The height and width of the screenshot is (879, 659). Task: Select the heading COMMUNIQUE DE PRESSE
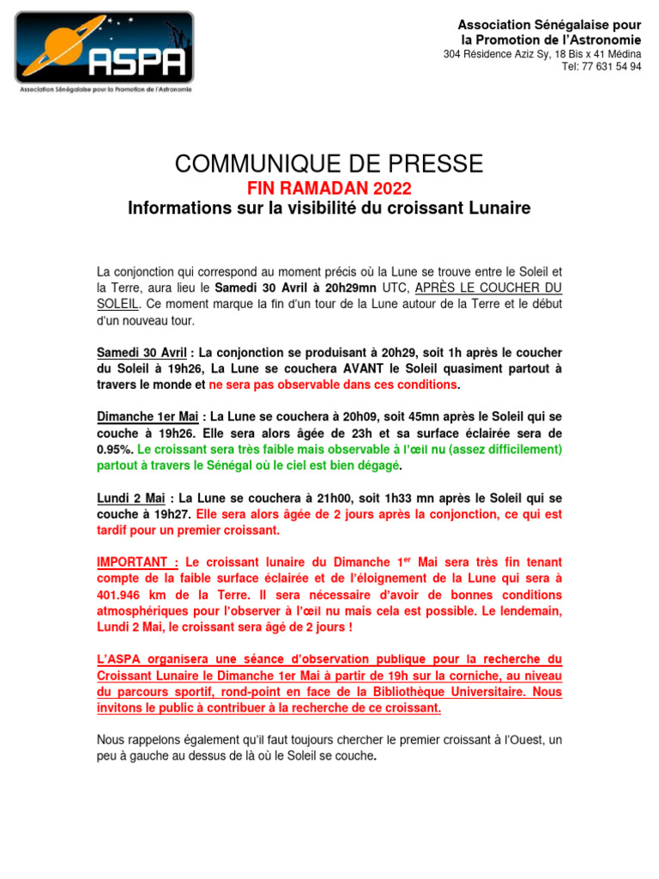tap(329, 164)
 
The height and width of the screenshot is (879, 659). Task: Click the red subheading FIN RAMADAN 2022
tap(329, 189)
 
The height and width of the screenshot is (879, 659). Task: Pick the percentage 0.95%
tap(114, 449)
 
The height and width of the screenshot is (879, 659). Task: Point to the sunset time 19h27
tap(172, 515)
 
